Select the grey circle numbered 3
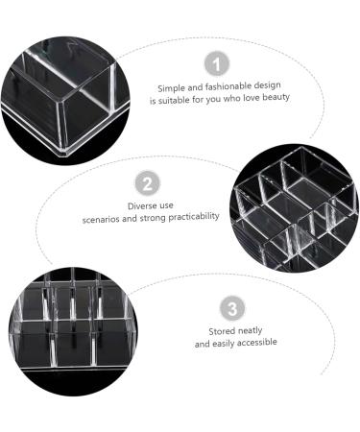(232, 309)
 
